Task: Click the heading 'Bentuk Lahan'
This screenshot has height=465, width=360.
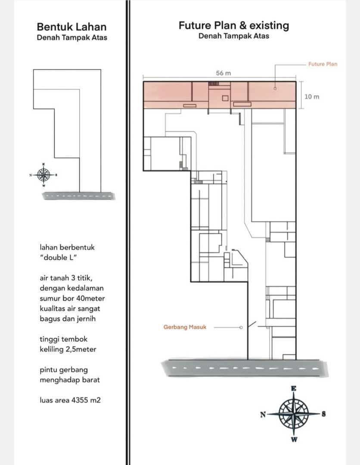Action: click(x=71, y=27)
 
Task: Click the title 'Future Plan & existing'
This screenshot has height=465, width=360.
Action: click(x=234, y=25)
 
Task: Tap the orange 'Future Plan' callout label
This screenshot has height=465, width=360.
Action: click(x=323, y=64)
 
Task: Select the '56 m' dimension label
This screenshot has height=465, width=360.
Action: click(x=223, y=73)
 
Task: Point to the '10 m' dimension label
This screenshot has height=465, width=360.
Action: click(x=312, y=97)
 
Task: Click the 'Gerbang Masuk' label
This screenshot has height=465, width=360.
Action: click(x=185, y=327)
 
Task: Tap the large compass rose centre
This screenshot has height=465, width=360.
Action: click(x=294, y=414)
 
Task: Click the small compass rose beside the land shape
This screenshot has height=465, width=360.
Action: click(x=43, y=175)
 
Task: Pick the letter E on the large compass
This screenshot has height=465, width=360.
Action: click(x=294, y=388)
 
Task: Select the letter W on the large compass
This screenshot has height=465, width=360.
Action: click(x=294, y=439)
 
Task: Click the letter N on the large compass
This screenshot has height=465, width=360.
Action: click(x=263, y=414)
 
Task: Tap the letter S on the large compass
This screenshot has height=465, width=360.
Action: click(x=323, y=414)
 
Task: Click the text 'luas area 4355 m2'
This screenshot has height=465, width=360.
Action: click(x=70, y=400)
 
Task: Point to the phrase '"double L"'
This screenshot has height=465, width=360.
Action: click(x=58, y=257)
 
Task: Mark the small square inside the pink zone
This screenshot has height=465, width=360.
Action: click(x=225, y=98)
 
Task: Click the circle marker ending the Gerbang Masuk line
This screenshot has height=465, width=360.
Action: click(x=241, y=327)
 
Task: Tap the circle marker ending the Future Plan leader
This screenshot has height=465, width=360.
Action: click(x=275, y=88)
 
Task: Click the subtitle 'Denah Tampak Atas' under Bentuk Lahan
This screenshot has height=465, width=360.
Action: click(x=72, y=37)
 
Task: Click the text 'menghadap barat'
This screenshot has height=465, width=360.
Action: click(x=70, y=380)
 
